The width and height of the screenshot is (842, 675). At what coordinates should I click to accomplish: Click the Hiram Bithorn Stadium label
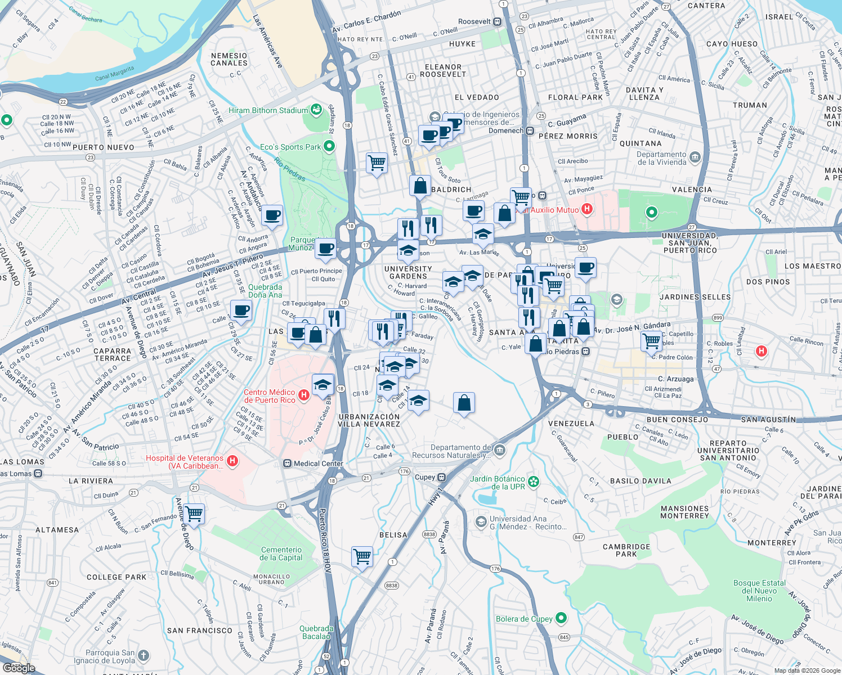tap(268, 111)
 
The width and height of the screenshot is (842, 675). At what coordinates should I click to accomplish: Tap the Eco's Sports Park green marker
tap(329, 147)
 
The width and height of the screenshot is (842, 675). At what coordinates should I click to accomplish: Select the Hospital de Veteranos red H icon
tap(232, 462)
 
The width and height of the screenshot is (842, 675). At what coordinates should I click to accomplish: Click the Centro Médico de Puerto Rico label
tap(270, 396)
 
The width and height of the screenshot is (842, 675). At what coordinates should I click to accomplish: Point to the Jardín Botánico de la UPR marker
tap(534, 481)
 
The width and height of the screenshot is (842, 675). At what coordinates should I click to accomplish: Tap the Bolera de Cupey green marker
tap(561, 618)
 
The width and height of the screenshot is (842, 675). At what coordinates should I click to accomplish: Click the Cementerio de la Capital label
tap(281, 553)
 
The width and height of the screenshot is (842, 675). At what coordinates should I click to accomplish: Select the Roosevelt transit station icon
tap(497, 22)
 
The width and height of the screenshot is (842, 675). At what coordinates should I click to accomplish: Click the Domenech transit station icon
tap(530, 130)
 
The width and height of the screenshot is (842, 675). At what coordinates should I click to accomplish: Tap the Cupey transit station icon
tap(442, 477)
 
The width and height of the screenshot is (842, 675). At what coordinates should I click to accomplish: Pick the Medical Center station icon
tap(287, 463)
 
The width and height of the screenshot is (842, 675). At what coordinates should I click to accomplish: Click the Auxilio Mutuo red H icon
tap(586, 209)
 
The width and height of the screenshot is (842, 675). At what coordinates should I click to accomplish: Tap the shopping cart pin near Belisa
tap(362, 556)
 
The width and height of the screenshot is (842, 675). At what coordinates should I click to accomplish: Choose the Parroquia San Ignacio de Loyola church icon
tap(144, 655)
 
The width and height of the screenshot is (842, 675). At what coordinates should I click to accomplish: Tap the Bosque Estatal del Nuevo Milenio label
tap(759, 591)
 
